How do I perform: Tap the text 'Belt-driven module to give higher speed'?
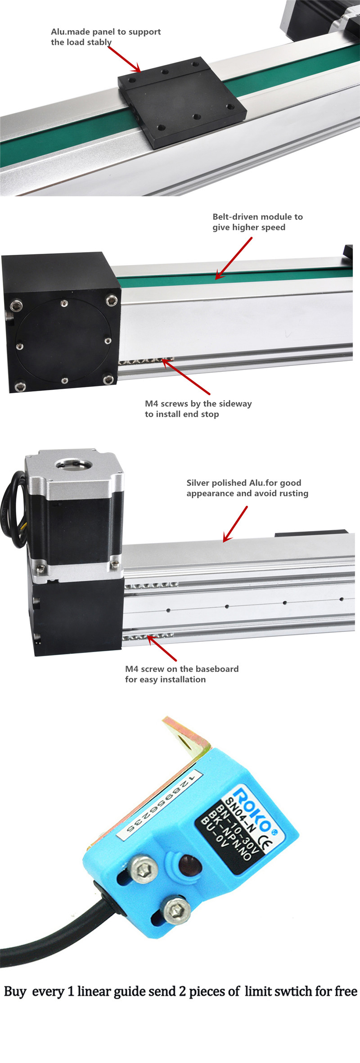click(257, 222)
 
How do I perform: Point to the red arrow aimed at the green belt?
click(234, 259)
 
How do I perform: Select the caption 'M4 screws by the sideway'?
click(198, 404)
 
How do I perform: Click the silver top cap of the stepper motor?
click(74, 470)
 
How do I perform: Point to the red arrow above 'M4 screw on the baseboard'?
click(162, 648)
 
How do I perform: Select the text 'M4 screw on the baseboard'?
click(181, 669)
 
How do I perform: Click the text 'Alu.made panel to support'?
click(106, 32)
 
